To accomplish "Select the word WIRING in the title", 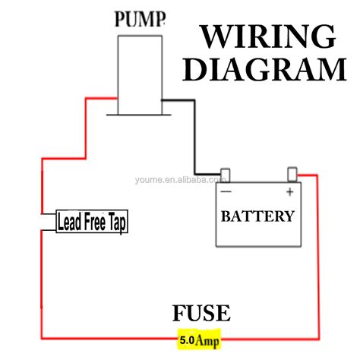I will (x=267, y=36).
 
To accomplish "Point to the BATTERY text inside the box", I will (x=257, y=216).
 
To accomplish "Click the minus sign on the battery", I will (x=226, y=191).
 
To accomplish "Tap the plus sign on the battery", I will (x=289, y=191).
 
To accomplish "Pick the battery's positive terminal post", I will (x=292, y=175).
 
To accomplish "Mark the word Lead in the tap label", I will (x=69, y=222).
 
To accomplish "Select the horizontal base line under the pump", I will (x=139, y=115).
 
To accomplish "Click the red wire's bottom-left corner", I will (x=42, y=335).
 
